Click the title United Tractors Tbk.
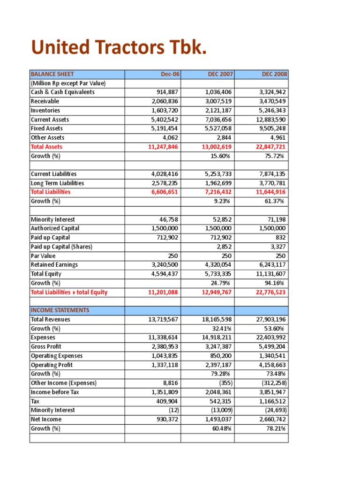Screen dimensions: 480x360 tap(119, 47)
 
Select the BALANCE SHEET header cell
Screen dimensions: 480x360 tap(52, 74)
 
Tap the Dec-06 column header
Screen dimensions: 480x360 tap(170, 74)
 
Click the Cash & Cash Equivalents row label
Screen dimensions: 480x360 tap(62, 92)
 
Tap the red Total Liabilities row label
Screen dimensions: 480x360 tap(51, 192)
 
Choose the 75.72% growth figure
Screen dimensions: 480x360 tap(275, 156)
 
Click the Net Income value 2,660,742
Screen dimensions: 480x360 tap(271, 420)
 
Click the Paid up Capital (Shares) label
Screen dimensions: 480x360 tap(61, 247)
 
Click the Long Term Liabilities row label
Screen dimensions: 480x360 tap(57, 183)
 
